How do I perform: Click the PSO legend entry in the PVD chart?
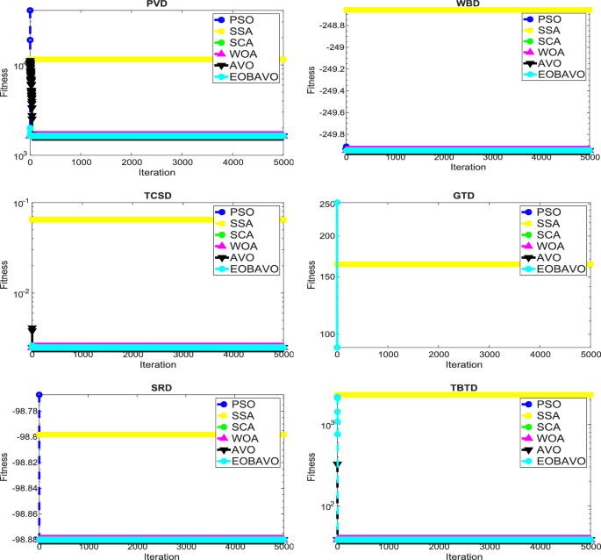(x=249, y=18)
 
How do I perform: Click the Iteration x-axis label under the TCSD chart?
(x=158, y=364)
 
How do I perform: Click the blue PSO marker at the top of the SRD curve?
(x=39, y=395)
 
